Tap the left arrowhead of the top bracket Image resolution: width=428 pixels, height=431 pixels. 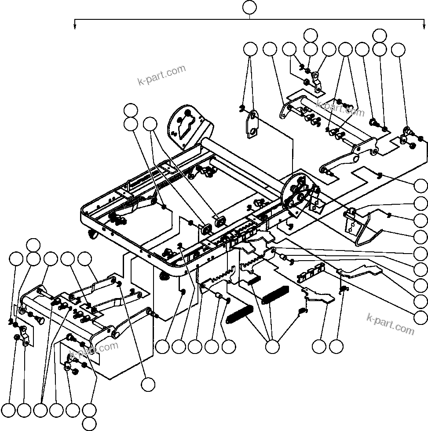[75, 26]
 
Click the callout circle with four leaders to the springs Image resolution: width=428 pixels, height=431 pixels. [272, 347]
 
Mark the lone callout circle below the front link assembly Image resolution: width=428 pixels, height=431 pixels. [148, 384]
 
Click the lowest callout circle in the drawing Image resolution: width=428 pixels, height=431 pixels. [90, 424]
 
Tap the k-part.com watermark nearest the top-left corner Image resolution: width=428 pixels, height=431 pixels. [161, 76]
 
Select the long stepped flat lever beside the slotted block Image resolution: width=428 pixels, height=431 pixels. [356, 272]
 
